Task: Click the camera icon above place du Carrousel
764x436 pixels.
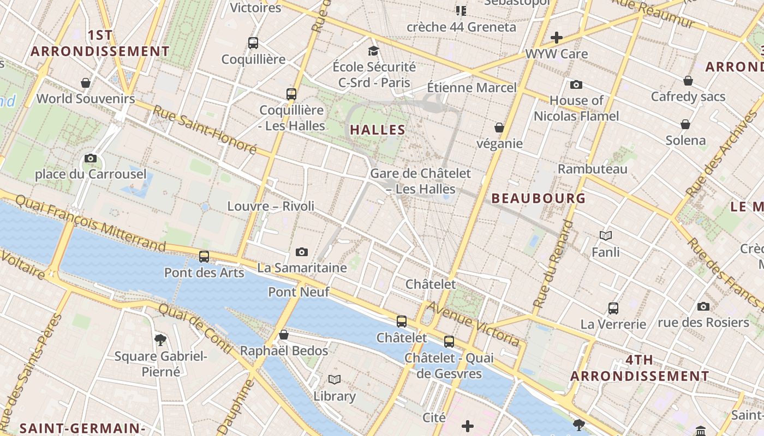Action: point(91,159)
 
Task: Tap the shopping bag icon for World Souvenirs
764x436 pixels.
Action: point(86,83)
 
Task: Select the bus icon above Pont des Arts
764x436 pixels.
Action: point(204,256)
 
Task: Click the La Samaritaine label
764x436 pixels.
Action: point(302,268)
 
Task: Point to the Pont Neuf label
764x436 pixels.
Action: point(299,292)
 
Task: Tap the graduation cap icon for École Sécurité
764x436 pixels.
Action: point(373,51)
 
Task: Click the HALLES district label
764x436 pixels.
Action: point(378,130)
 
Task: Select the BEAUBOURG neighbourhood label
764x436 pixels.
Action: point(538,198)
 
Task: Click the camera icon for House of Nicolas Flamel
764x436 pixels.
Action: point(576,84)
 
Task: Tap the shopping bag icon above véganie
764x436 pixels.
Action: point(499,128)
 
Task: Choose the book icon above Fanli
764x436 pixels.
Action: point(605,235)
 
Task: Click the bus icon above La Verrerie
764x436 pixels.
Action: point(613,308)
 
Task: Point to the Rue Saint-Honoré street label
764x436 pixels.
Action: point(204,129)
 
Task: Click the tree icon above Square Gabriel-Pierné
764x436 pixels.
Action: point(160,340)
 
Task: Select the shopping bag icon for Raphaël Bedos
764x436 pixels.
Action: point(284,335)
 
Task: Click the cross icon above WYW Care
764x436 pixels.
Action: point(557,38)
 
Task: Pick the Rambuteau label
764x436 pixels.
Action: point(592,169)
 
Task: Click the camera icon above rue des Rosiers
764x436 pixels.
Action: point(703,306)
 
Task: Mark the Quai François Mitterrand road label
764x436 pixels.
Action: point(90,225)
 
